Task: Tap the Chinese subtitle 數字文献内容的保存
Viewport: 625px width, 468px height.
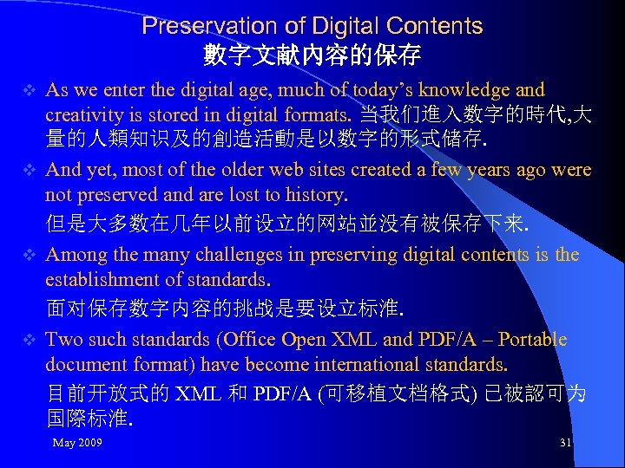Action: pos(312,56)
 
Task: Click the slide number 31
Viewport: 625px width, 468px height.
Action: pos(565,443)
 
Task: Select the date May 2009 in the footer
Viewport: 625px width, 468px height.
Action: pos(77,443)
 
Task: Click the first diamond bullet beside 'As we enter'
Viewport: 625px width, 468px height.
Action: pos(28,90)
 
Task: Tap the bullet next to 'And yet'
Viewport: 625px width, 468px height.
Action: pos(28,170)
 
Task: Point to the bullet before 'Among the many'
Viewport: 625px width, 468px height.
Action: pos(28,255)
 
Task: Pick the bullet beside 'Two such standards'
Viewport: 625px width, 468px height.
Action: pos(28,340)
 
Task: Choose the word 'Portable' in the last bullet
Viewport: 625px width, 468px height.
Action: pos(532,340)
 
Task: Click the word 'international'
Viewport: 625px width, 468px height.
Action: pos(374,364)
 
